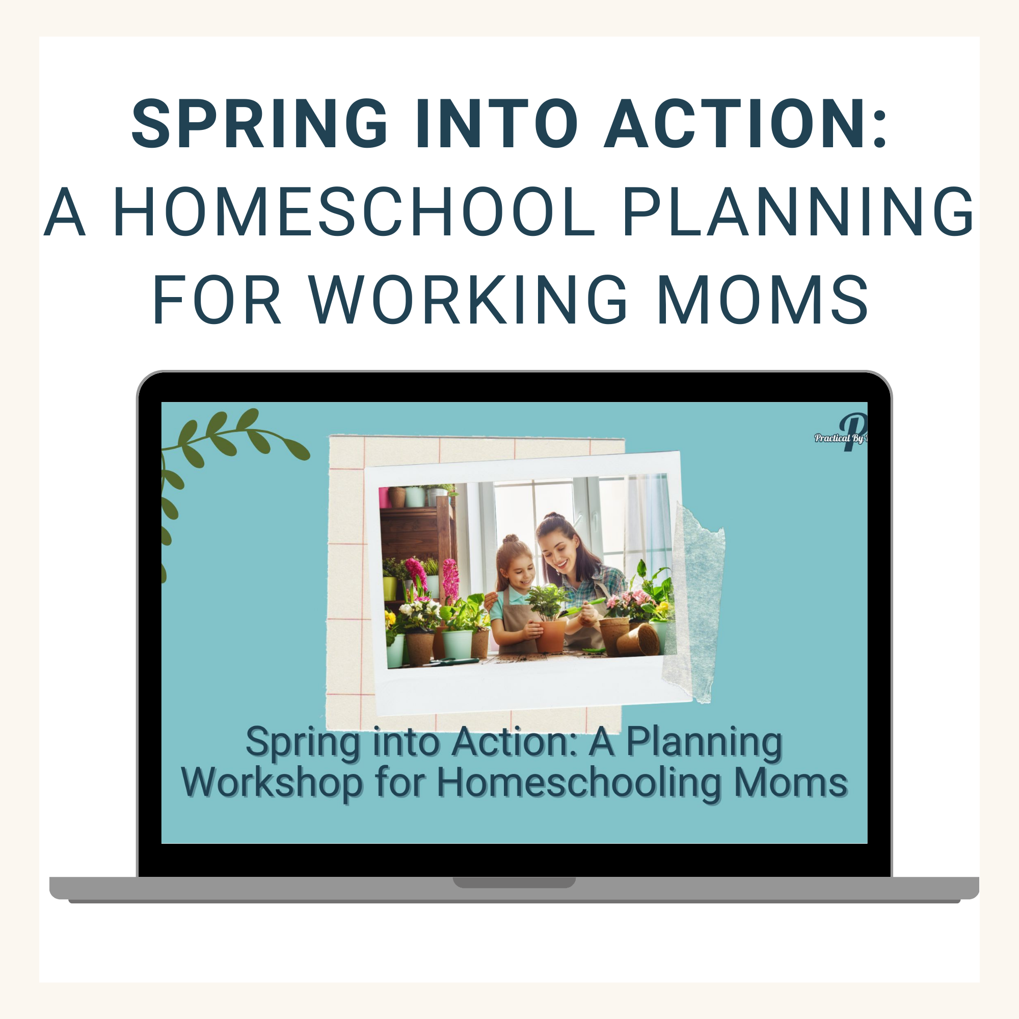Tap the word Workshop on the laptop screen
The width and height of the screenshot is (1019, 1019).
pyautogui.click(x=272, y=784)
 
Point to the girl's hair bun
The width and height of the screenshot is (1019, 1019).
pyautogui.click(x=511, y=539)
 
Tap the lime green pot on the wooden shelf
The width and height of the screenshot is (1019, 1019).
pyautogui.click(x=390, y=587)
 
